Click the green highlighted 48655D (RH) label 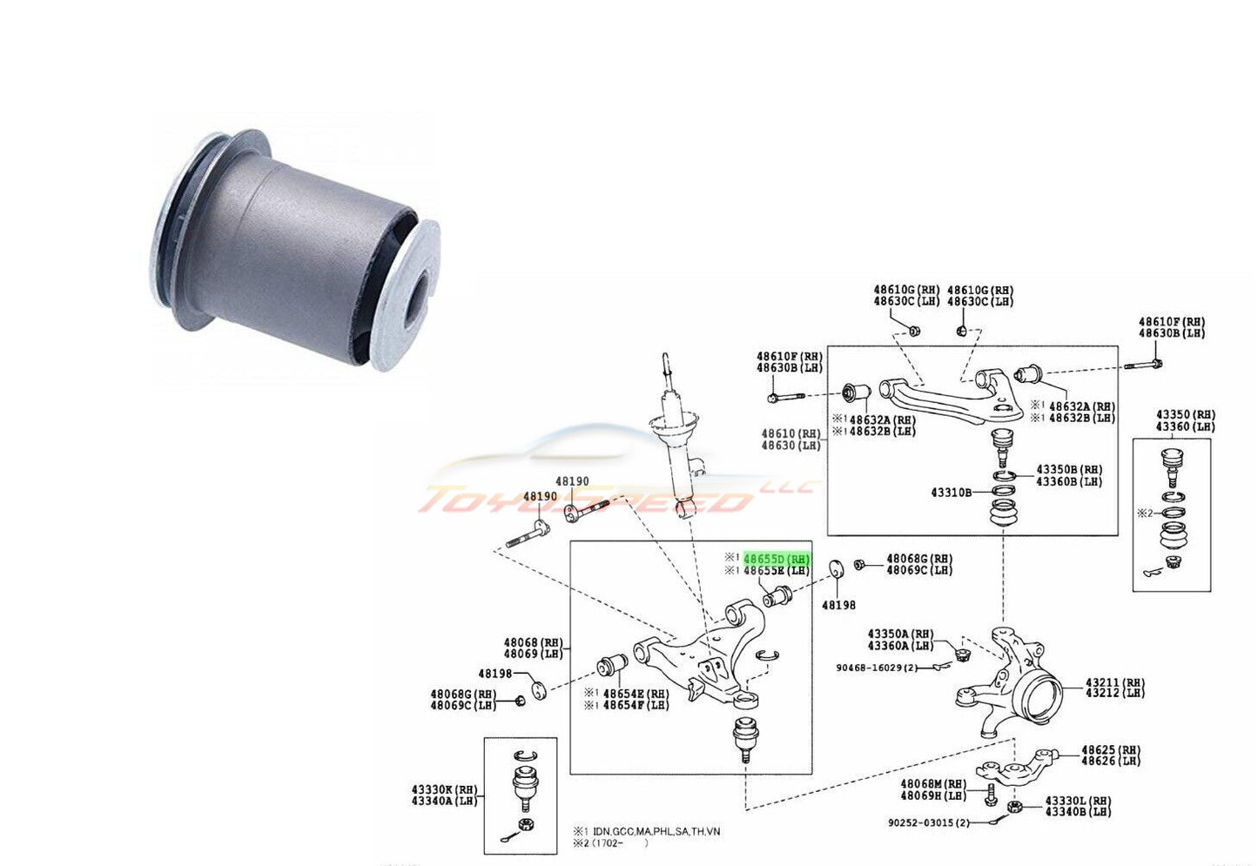coord(776,558)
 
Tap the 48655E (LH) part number coord(776,571)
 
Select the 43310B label coord(951,493)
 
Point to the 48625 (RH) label coord(1111,749)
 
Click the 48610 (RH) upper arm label coord(790,433)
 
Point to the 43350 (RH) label coord(1186,414)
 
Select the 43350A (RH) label coord(900,634)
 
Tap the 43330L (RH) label coord(1078,800)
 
